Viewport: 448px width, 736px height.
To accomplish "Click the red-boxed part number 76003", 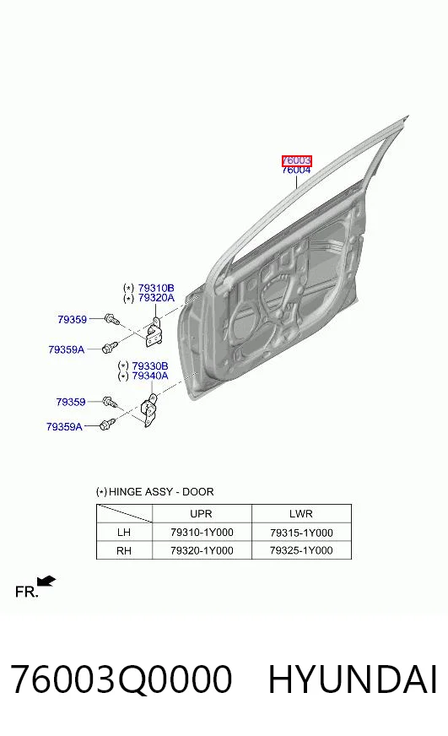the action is coord(296,161).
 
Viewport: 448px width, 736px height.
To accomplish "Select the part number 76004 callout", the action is coord(296,170).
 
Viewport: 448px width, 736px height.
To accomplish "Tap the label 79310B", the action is coord(156,288).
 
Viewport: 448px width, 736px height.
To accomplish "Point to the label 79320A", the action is coord(156,298).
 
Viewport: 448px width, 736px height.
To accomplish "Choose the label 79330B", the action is coord(150,365).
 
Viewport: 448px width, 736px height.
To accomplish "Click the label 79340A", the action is coord(150,376).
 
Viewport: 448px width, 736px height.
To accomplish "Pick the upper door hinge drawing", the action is coord(153,332).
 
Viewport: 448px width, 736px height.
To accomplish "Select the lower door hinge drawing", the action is coord(149,410).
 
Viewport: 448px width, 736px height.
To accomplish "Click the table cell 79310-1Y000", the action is coord(202,533).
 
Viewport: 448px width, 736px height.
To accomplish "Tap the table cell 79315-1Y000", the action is coord(301,533).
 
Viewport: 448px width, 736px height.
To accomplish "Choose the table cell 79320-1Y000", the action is coord(202,550).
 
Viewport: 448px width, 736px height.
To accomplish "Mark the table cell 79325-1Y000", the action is coord(301,550).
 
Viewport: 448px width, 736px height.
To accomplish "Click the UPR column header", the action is coord(202,513).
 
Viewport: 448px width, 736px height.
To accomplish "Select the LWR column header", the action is coord(300,513).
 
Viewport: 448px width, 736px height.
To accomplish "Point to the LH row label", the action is coord(124,533).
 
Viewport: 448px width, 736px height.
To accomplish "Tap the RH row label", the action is coord(124,550).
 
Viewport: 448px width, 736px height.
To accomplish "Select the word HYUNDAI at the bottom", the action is coord(353,679).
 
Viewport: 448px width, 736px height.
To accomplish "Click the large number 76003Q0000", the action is coord(121,679).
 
